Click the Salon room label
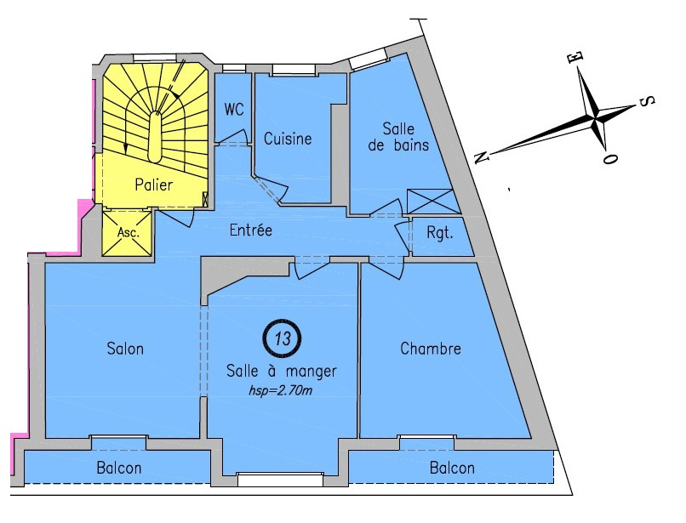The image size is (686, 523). (125, 349)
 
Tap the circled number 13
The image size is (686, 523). (282, 338)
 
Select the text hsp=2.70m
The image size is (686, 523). (281, 391)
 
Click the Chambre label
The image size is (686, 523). (430, 349)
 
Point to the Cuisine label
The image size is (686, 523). (288, 139)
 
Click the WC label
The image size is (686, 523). (234, 110)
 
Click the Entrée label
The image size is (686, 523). (251, 230)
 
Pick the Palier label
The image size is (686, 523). (154, 185)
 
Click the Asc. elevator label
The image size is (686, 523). (127, 232)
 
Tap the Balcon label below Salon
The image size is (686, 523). (119, 468)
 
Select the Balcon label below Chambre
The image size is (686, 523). (452, 468)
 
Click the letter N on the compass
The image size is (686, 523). (483, 157)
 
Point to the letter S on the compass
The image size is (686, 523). (646, 101)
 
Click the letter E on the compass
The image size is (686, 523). (576, 57)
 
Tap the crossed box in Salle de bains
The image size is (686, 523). (432, 201)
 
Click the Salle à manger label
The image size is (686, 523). (282, 371)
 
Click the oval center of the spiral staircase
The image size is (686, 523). (154, 135)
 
